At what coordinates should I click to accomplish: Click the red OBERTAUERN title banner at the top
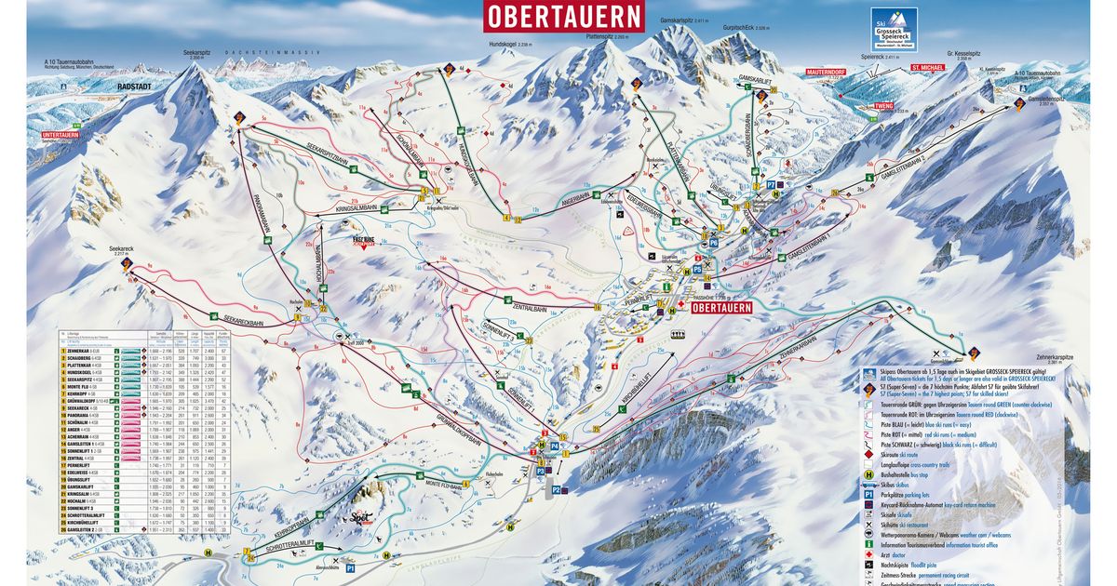coord(563,16)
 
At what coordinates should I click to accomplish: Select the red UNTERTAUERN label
coord(61,136)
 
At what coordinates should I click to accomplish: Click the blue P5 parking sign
coord(697,269)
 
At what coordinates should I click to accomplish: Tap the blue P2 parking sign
coord(556,488)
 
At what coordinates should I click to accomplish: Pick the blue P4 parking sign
coord(554,447)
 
